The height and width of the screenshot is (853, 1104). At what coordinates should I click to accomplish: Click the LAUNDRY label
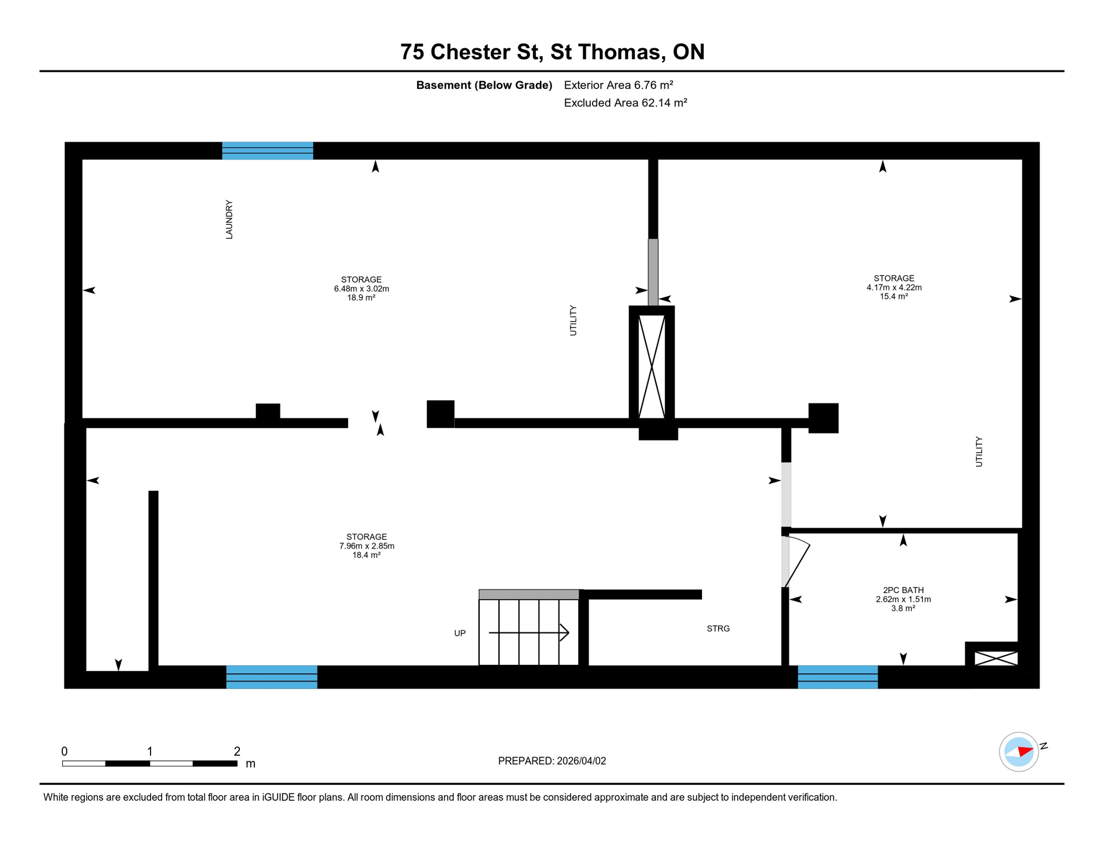(229, 220)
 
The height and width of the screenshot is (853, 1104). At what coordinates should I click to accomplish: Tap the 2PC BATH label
(903, 590)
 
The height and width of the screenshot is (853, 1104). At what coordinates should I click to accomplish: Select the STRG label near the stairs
(717, 629)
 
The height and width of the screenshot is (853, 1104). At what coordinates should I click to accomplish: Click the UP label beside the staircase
(460, 633)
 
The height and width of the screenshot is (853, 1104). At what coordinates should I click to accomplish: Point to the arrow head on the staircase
(565, 633)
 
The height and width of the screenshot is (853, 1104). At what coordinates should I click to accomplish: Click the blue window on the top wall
(268, 150)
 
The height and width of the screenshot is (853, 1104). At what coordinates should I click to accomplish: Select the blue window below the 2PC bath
(837, 677)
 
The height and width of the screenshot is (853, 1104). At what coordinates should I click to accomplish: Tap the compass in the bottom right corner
(1018, 752)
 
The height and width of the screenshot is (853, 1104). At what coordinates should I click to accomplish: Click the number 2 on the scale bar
(237, 751)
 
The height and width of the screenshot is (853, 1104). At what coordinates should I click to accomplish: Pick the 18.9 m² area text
(361, 298)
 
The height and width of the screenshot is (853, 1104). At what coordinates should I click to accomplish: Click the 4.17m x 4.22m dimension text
(894, 288)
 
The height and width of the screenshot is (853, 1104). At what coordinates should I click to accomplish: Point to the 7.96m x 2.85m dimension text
(367, 546)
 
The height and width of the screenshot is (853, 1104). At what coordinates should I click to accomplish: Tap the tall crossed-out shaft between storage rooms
(651, 367)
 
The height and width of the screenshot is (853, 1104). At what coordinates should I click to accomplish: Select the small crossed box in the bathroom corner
(996, 659)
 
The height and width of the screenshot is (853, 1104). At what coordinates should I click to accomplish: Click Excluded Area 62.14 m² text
(625, 103)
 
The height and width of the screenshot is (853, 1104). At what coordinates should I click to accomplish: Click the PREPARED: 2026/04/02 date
(551, 761)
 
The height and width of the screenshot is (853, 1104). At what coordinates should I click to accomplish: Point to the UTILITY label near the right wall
(979, 451)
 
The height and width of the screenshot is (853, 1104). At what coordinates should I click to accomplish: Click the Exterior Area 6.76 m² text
(618, 85)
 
